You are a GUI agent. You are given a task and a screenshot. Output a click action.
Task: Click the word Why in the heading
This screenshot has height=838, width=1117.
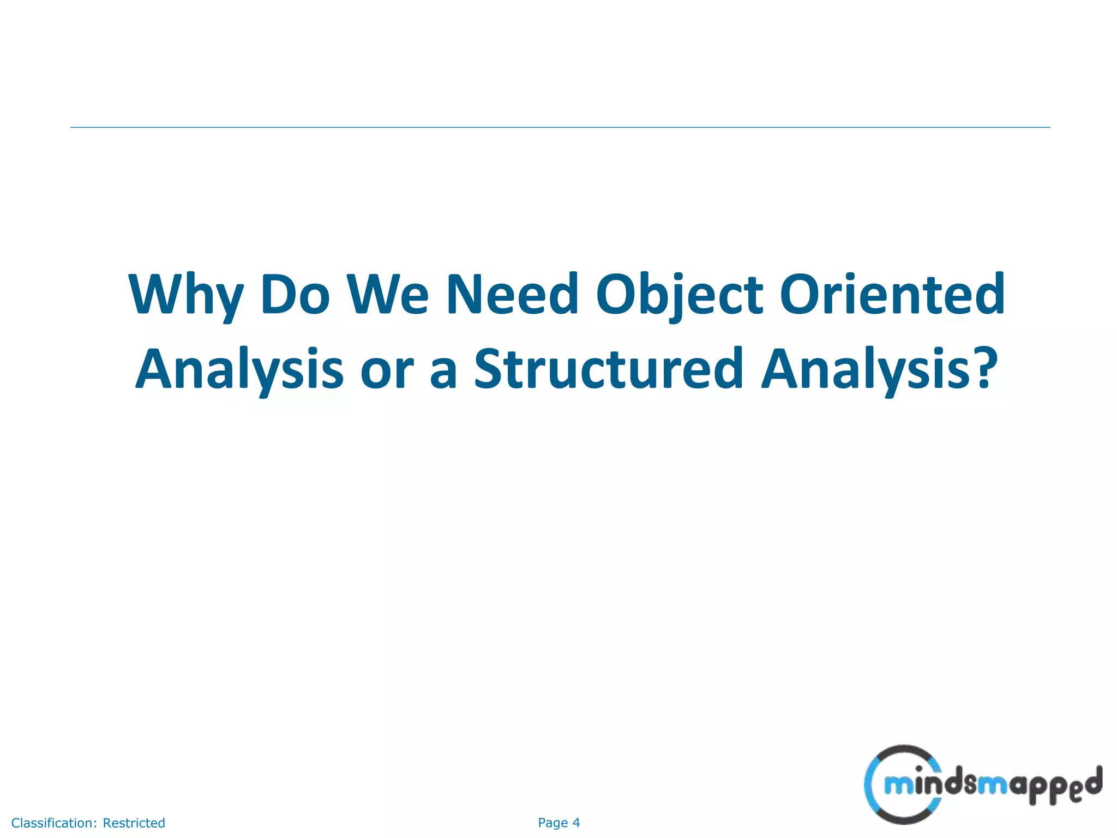185,295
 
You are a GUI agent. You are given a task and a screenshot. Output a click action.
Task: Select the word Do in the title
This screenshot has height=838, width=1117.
295,295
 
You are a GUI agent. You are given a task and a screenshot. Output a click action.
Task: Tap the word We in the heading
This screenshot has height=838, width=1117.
388,295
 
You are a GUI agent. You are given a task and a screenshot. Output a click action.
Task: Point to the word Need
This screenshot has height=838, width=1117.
512,295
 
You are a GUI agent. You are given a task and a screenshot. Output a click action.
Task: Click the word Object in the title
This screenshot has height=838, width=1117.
679,295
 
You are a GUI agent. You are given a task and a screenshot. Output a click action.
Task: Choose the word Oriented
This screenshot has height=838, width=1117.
892,295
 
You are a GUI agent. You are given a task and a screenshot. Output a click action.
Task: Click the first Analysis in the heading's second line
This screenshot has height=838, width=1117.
239,370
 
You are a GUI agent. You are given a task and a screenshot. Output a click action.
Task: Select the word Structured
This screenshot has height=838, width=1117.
609,370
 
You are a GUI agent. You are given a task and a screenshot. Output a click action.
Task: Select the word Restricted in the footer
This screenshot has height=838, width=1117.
134,823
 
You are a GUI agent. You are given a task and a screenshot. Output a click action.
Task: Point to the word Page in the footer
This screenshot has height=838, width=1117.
553,823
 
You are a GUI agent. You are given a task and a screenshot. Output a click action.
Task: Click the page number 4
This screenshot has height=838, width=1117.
576,823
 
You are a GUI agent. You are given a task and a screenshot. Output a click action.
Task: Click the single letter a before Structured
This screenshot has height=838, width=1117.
443,374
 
